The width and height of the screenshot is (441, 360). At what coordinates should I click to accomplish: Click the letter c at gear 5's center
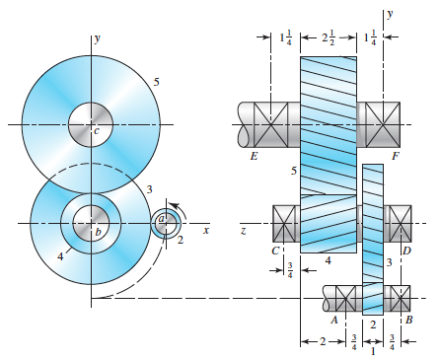pyautogui.click(x=96, y=130)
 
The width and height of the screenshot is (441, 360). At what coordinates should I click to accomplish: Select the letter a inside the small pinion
pyautogui.click(x=162, y=220)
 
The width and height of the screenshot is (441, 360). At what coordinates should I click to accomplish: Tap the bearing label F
pyautogui.click(x=395, y=155)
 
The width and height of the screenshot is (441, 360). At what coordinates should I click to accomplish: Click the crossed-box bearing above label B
pyautogui.click(x=399, y=297)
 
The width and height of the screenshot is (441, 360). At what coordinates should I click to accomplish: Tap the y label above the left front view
pyautogui.click(x=96, y=39)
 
